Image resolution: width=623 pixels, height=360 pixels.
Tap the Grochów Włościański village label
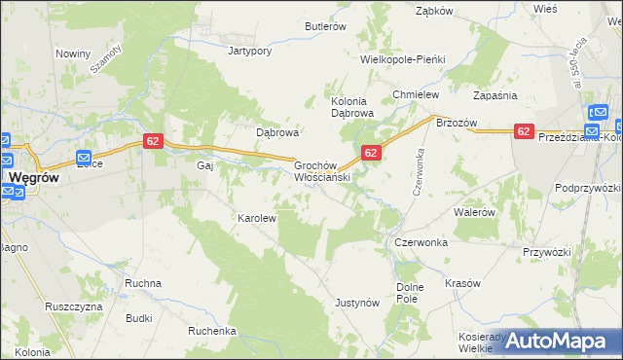[x=322, y=172]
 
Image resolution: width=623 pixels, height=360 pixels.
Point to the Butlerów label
[x=325, y=27]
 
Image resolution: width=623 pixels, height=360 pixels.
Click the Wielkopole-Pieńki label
[x=402, y=59]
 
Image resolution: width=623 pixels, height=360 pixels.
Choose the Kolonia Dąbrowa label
[x=352, y=107]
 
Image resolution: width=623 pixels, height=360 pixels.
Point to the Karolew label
[x=257, y=218]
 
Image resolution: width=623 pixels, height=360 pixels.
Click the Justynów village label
[x=356, y=303]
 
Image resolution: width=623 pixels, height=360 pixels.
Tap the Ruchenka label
[x=212, y=331]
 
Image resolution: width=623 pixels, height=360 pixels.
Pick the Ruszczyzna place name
[x=73, y=306]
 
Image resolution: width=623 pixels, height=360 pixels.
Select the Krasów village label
[x=462, y=283]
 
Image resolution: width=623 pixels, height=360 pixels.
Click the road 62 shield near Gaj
[x=152, y=141]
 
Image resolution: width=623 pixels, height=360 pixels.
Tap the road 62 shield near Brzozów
[x=524, y=131]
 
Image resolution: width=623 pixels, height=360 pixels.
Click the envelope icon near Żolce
[x=84, y=158]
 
